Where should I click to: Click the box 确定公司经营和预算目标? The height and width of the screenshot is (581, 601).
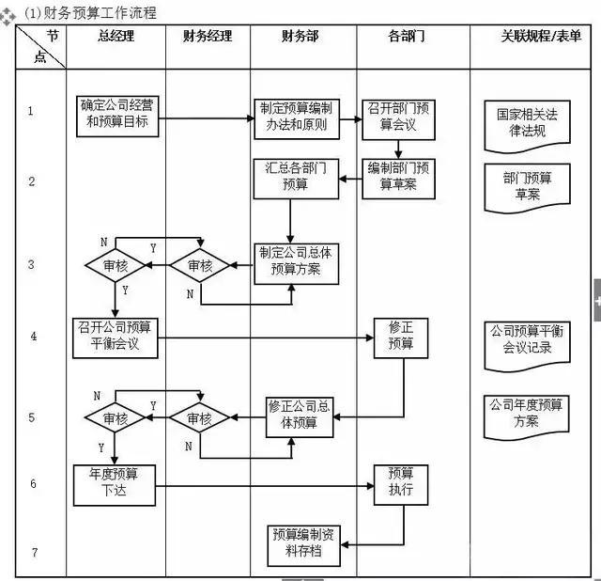[115, 113]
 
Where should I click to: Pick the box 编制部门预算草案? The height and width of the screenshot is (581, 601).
[398, 176]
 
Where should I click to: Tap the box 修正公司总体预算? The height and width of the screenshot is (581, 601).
[299, 415]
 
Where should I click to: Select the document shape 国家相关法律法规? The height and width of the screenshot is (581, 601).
[526, 124]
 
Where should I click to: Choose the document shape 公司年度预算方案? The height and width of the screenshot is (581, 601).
[526, 414]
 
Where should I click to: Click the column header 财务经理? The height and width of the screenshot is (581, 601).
[208, 37]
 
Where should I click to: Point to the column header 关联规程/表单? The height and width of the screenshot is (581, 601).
[540, 37]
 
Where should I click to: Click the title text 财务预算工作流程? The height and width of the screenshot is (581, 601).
[99, 12]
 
